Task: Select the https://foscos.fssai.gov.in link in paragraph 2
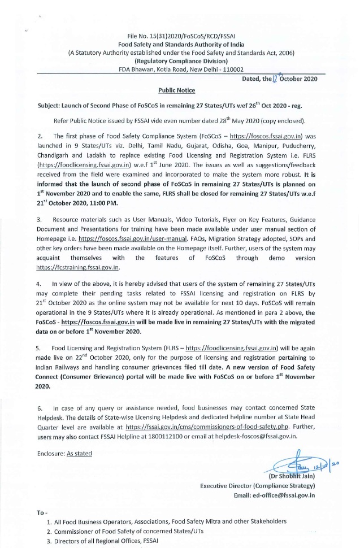pos(262,136)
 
